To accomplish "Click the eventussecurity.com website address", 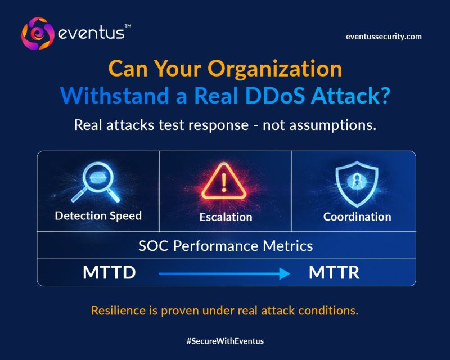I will pyautogui.click(x=383, y=37).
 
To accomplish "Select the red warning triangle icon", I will pyautogui.click(x=225, y=181).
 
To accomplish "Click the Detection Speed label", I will pyautogui.click(x=98, y=216).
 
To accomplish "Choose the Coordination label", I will pyautogui.click(x=357, y=217).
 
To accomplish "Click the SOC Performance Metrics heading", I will pyautogui.click(x=226, y=246).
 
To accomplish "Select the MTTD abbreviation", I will pyautogui.click(x=109, y=273).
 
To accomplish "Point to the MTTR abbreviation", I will pyautogui.click(x=334, y=273).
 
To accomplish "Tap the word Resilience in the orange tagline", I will pyautogui.click(x=116, y=310).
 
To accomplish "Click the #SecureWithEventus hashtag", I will pyautogui.click(x=225, y=341).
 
